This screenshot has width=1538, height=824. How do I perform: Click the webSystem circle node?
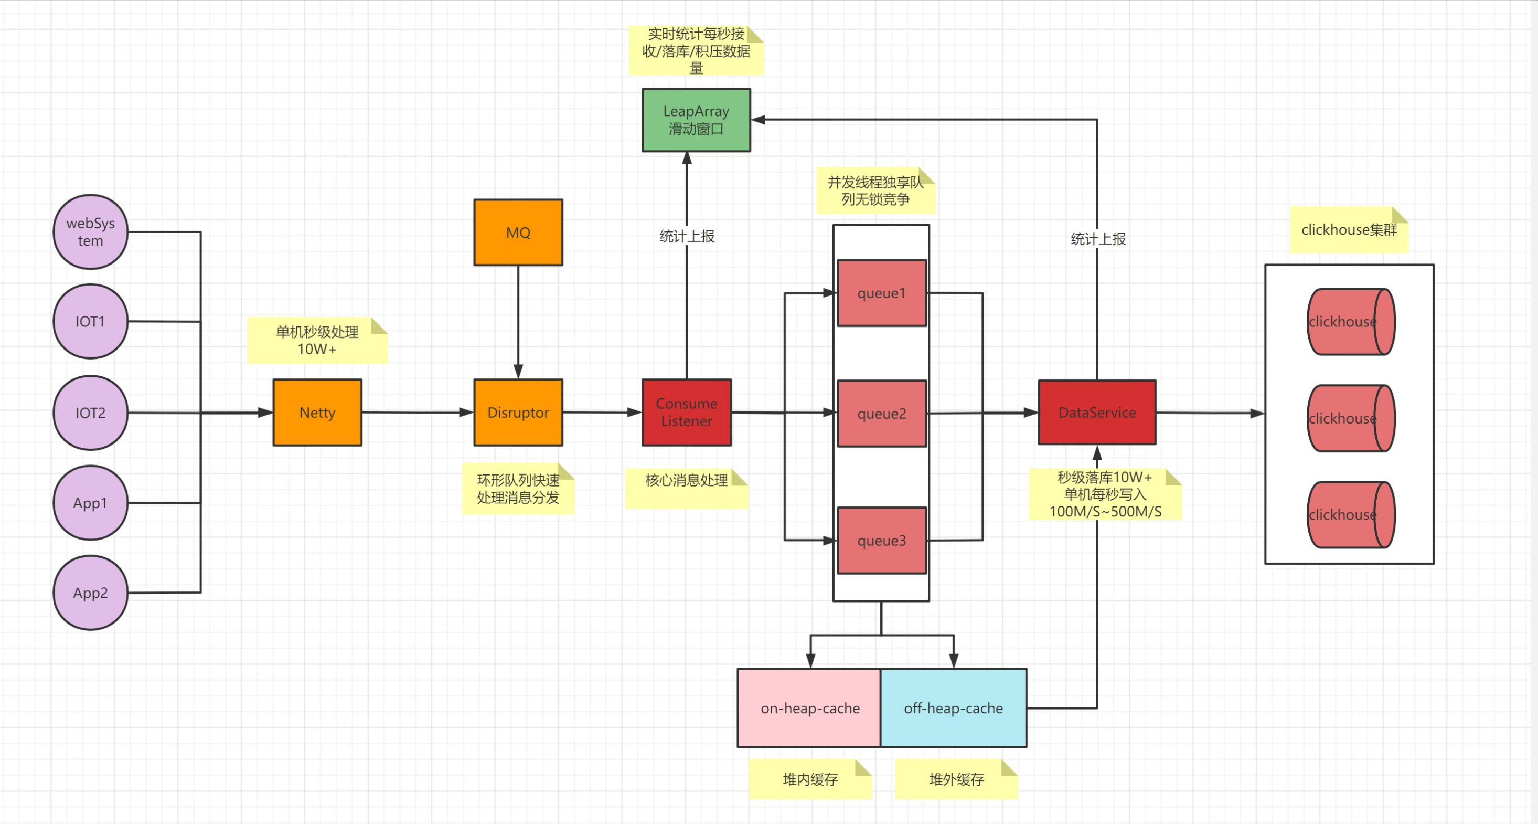(x=90, y=232)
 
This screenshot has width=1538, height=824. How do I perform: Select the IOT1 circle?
(x=90, y=322)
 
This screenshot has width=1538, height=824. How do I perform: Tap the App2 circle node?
(x=90, y=593)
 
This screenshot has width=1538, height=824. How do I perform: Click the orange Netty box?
(x=317, y=413)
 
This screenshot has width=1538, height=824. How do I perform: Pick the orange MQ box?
(x=518, y=233)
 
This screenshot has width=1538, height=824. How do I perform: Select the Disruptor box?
(x=518, y=413)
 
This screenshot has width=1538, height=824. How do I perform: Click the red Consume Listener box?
(x=687, y=413)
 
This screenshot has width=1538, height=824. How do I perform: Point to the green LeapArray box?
(x=696, y=120)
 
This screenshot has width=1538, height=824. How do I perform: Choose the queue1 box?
(x=881, y=293)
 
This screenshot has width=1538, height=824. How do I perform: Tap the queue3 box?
(x=881, y=540)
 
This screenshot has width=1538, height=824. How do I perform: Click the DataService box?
(x=1097, y=413)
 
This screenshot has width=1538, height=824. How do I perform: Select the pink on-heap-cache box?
(x=809, y=708)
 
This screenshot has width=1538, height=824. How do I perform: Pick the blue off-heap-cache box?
(x=954, y=708)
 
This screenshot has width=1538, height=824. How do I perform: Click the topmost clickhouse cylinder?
(x=1351, y=322)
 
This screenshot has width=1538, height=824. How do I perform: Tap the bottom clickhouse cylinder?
(x=1351, y=514)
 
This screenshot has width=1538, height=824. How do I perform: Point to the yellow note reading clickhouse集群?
(x=1349, y=230)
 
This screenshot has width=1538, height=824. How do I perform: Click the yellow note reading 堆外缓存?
(x=956, y=779)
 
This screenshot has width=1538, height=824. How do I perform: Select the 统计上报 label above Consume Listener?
(x=687, y=237)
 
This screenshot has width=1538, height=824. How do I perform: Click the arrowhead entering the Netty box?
(x=265, y=413)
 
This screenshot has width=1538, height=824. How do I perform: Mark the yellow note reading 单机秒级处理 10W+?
(x=317, y=341)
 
